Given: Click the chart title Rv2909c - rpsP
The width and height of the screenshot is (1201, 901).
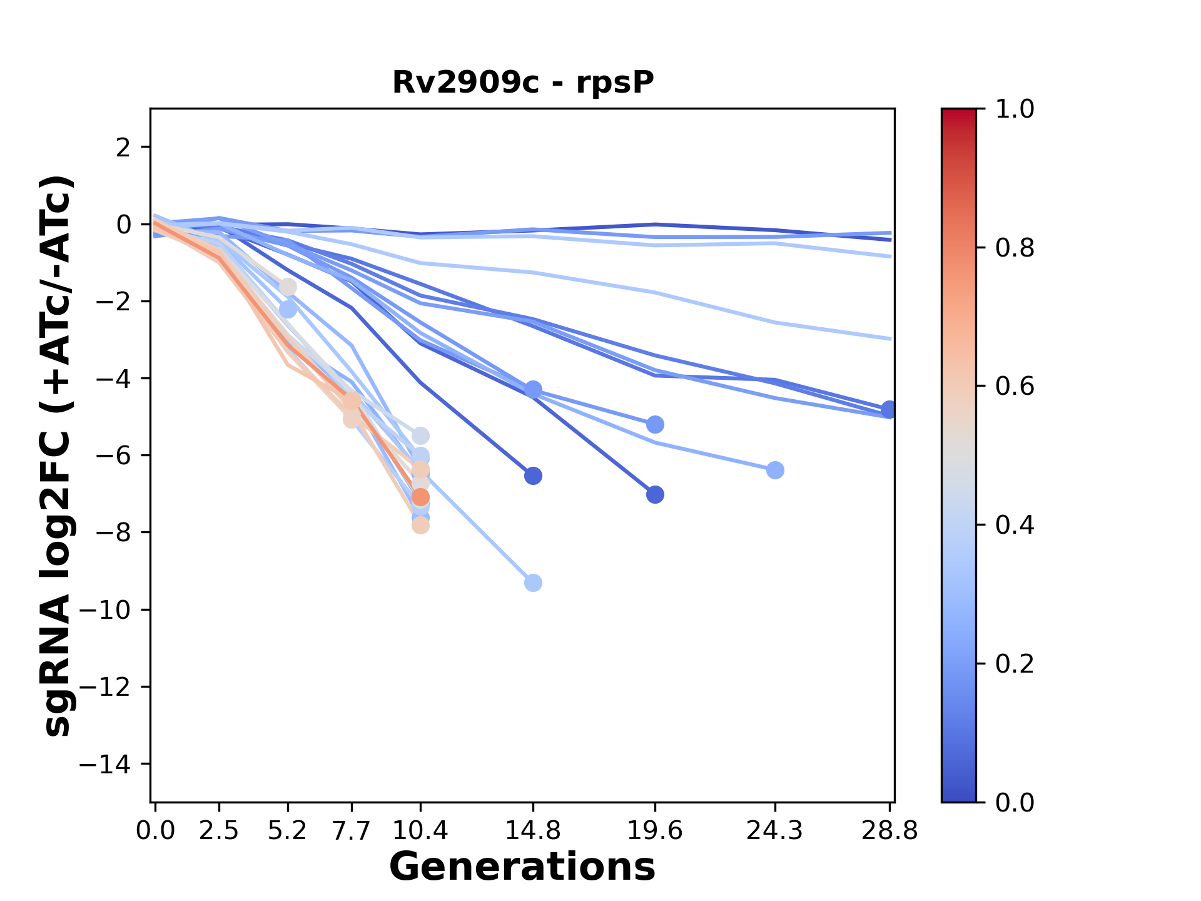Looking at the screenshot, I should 523,83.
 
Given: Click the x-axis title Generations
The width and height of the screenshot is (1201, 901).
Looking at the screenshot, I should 522,868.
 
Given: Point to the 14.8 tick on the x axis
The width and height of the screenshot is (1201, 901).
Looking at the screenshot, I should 533,831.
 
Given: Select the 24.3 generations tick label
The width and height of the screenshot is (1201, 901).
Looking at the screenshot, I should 775,831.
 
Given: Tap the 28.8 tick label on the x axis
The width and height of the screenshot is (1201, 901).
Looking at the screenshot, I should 889,831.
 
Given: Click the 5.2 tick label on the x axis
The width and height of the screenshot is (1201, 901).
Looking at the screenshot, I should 288,831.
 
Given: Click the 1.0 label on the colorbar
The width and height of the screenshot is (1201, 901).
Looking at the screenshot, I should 1015,109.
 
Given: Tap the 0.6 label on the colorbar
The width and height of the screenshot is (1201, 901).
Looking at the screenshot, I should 1015,386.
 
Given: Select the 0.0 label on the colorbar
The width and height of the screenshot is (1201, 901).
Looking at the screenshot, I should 1015,802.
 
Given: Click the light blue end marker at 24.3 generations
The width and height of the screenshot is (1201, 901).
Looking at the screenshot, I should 775,470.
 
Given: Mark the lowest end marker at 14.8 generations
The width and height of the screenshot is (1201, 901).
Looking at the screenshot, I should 533,583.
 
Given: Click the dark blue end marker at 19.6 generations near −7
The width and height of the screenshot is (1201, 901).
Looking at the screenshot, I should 655,495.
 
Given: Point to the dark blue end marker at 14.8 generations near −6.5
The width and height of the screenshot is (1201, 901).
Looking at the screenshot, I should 533,476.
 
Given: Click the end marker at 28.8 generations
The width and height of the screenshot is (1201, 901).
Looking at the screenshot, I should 889,410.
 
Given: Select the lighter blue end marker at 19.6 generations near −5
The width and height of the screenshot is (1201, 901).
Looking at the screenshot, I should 655,425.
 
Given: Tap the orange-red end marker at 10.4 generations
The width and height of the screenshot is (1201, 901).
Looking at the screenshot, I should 420,497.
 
